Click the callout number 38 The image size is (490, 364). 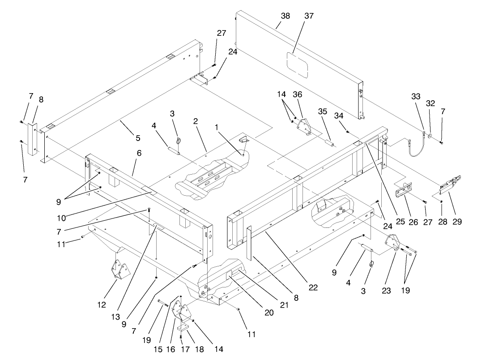pyautogui.click(x=285, y=16)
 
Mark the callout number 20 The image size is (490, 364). pyautogui.click(x=268, y=313)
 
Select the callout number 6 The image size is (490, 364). pyautogui.click(x=139, y=153)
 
